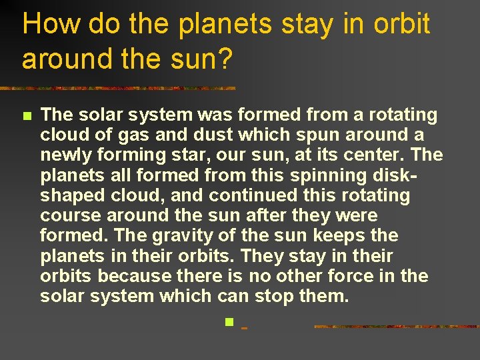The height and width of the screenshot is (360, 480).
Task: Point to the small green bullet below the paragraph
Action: pyautogui.click(x=228, y=323)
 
